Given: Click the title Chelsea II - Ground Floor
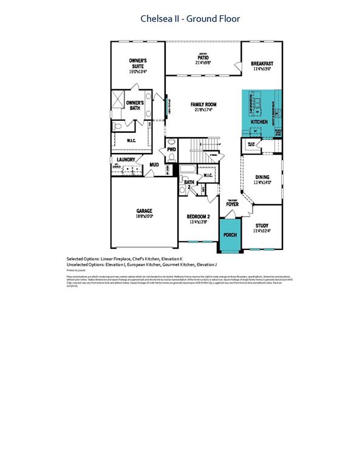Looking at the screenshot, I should pyautogui.click(x=190, y=19).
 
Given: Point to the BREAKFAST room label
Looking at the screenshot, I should pyautogui.click(x=262, y=63).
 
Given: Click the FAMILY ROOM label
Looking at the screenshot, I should pyautogui.click(x=203, y=104).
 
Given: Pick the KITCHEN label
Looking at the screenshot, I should pyautogui.click(x=259, y=122).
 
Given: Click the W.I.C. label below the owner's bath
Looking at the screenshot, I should pyautogui.click(x=131, y=141).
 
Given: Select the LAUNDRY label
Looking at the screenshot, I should pyautogui.click(x=126, y=160).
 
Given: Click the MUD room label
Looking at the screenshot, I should pyautogui.click(x=155, y=164).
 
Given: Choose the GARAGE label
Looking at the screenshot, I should pyautogui.click(x=144, y=211).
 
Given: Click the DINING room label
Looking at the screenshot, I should pyautogui.click(x=262, y=177).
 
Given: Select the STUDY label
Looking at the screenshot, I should pyautogui.click(x=262, y=225).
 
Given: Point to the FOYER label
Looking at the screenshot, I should pyautogui.click(x=233, y=204).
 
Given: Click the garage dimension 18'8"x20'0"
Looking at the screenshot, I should pyautogui.click(x=144, y=216).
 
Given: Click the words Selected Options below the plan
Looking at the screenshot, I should pyautogui.click(x=83, y=258).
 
